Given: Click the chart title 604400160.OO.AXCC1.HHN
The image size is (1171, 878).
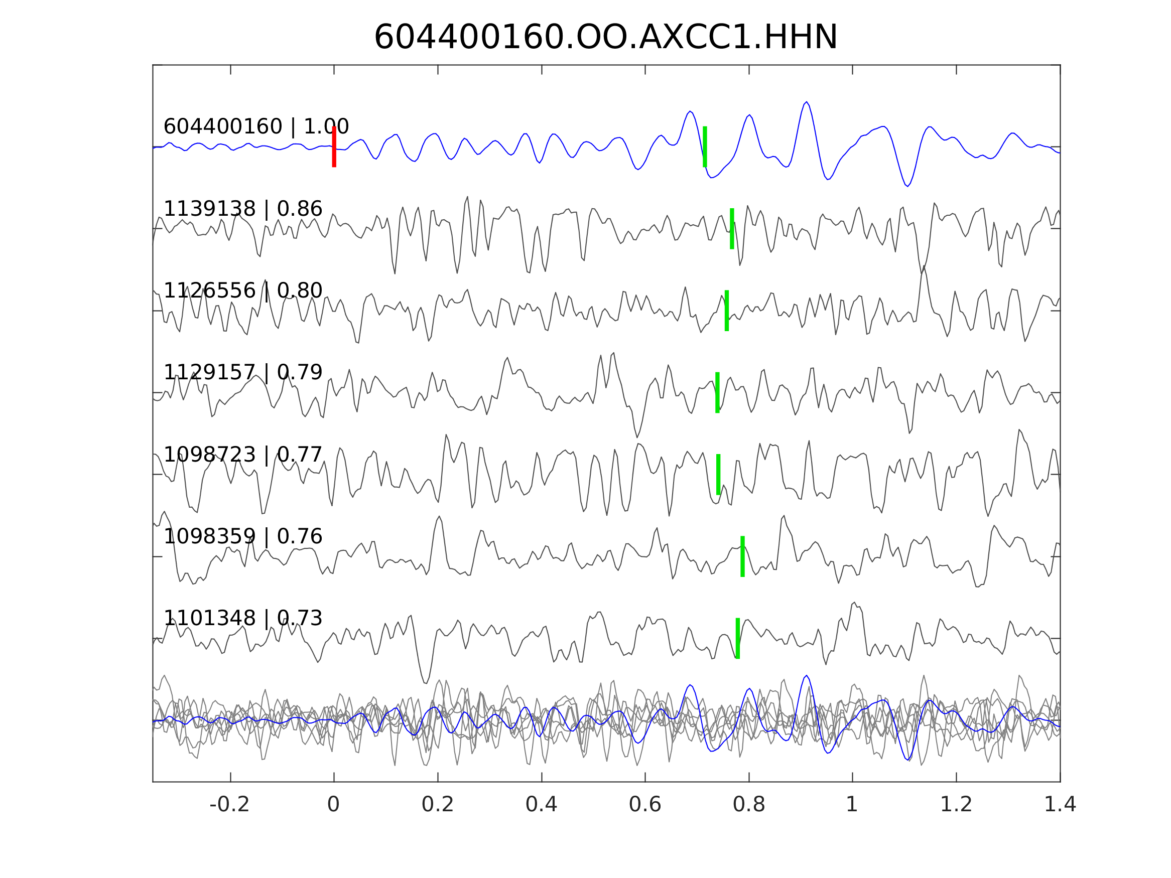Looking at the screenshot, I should pos(606,38).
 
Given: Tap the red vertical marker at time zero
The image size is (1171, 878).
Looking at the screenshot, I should pos(334,147).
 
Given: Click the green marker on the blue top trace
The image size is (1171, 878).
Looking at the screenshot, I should pos(705,147).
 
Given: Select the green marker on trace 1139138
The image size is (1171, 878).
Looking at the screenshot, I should pos(732,229).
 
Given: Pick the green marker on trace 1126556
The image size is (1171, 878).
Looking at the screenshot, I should pos(727,311).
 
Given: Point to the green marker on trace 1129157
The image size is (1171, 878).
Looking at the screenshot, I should pos(717,393).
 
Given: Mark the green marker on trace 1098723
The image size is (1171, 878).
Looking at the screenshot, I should pos(718,474).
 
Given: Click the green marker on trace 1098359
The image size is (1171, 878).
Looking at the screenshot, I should pos(742,556).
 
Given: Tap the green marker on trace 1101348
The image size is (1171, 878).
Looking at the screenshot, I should pos(737,638).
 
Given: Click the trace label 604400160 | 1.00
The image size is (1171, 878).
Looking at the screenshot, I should pos(255,127).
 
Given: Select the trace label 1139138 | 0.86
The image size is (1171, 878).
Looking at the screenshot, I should pos(242,209).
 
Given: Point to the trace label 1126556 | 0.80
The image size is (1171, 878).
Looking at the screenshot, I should pos(242,291).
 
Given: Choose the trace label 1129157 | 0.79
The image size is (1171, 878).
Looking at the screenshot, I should pos(242,373).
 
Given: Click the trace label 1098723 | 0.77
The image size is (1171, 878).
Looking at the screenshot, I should pos(242,455).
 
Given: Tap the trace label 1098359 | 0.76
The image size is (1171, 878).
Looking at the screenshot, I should pos(242,537).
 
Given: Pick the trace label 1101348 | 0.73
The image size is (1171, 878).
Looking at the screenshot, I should pos(242,618).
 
